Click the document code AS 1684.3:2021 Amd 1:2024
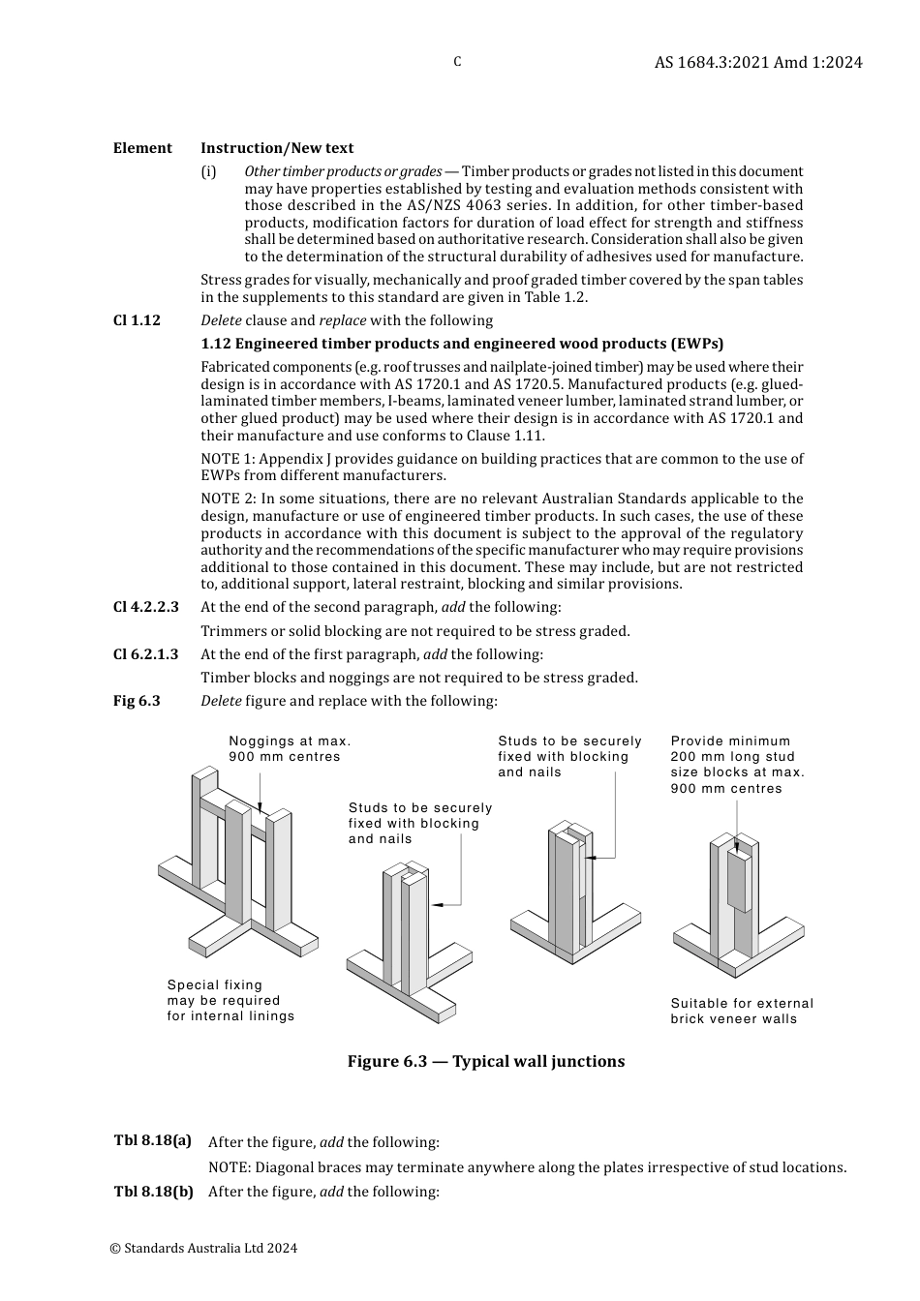coord(757,62)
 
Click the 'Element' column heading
coord(142,148)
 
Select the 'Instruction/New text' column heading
coord(277,148)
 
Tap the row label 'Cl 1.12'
coord(137,320)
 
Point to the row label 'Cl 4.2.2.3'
coord(146,607)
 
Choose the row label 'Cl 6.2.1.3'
coord(146,654)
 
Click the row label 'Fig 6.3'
coord(137,701)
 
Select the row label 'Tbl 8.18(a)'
coord(153,1140)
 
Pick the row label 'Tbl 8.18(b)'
coord(154,1192)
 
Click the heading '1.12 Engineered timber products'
coord(462,344)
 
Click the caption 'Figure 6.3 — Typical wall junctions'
coord(485,1061)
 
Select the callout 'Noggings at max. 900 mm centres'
coord(290,748)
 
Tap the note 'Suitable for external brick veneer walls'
coord(742,1011)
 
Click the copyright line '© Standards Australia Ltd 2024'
coord(203,1248)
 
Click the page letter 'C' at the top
coord(457,62)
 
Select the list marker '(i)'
coord(208,172)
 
